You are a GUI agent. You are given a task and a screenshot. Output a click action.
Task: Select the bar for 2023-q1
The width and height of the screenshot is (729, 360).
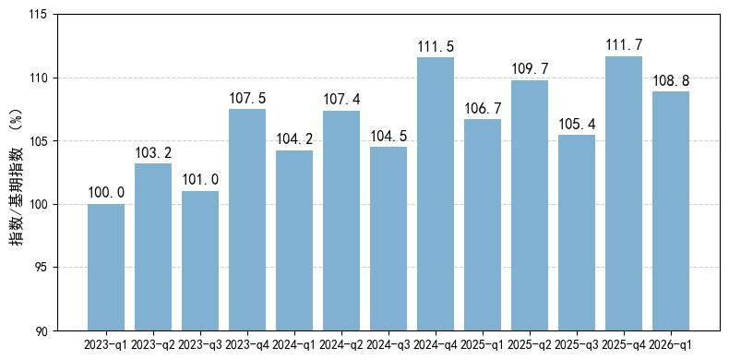[106, 268]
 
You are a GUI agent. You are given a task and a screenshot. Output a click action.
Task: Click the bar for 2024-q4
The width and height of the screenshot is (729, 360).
[436, 194]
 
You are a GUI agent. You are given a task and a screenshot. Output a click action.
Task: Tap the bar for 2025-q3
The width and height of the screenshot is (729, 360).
[577, 233]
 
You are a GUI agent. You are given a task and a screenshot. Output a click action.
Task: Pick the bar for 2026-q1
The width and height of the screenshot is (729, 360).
[671, 211]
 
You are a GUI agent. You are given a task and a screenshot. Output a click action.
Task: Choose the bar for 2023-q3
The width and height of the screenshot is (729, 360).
[200, 261]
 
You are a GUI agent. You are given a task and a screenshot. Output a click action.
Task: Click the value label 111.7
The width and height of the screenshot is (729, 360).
[624, 45]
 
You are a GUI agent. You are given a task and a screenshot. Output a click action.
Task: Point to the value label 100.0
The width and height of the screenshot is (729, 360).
[106, 193]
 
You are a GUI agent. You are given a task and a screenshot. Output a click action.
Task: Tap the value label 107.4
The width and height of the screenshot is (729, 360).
[341, 99]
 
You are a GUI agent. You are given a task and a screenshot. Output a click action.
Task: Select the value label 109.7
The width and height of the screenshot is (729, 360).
[530, 69]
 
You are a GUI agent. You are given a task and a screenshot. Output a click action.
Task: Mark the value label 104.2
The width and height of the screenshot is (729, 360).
[294, 139]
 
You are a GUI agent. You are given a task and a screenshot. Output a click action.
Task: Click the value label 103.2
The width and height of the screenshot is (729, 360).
[153, 152]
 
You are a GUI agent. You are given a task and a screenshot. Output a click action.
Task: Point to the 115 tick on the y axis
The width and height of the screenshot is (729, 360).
[44, 15]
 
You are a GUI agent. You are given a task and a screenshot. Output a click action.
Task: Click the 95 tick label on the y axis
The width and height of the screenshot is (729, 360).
[48, 268]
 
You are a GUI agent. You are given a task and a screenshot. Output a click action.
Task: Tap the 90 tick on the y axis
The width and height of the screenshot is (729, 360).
[48, 330]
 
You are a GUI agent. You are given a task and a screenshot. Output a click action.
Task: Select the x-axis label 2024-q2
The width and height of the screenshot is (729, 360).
[341, 345]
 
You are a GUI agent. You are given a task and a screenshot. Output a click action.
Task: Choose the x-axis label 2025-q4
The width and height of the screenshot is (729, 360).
[624, 345]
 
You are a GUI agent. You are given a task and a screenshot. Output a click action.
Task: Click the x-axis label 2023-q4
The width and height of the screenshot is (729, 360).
[247, 345]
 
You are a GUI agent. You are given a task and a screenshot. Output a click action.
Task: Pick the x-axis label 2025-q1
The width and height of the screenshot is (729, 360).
[483, 345]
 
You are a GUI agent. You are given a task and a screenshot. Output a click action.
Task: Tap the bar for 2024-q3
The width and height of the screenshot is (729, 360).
[388, 238]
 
